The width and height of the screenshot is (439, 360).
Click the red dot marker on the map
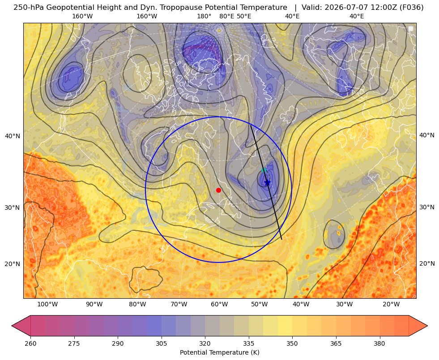tap(219, 190)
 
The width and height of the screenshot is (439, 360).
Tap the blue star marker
tap(267, 182)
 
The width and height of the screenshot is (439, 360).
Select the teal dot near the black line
tap(264, 170)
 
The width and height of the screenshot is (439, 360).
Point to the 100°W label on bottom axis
tap(47, 305)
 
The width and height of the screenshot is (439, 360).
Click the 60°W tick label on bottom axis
tap(219, 305)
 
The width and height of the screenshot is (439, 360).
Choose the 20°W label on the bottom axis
tap(391, 305)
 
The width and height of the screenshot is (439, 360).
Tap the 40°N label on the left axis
tap(13, 136)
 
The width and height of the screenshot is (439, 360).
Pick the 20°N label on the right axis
tap(427, 263)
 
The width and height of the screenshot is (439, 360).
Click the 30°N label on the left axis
tap(13, 208)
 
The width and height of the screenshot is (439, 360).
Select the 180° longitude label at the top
tap(204, 16)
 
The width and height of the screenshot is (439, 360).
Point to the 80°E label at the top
tap(226, 16)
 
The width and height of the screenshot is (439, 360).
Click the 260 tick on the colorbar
tap(30, 343)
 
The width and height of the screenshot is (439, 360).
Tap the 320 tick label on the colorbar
tap(205, 343)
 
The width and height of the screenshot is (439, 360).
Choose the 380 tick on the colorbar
tap(379, 343)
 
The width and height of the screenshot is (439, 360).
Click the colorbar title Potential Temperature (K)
tap(219, 352)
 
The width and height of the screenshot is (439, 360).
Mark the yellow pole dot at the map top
tap(219, 30)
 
